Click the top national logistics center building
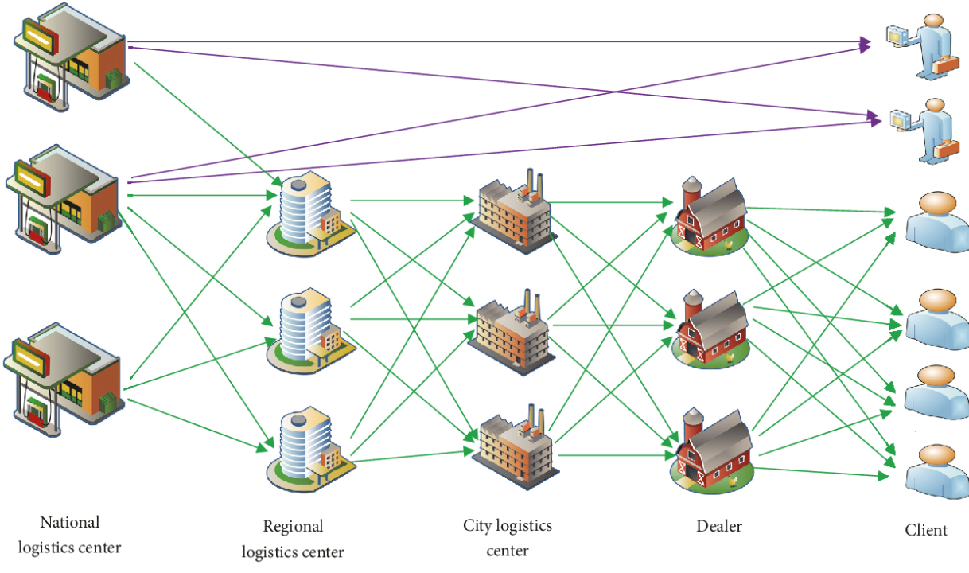[70, 56]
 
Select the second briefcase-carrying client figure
[923, 129]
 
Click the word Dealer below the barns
[719, 526]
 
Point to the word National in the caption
[70, 523]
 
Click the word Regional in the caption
[293, 527]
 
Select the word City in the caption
[477, 526]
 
